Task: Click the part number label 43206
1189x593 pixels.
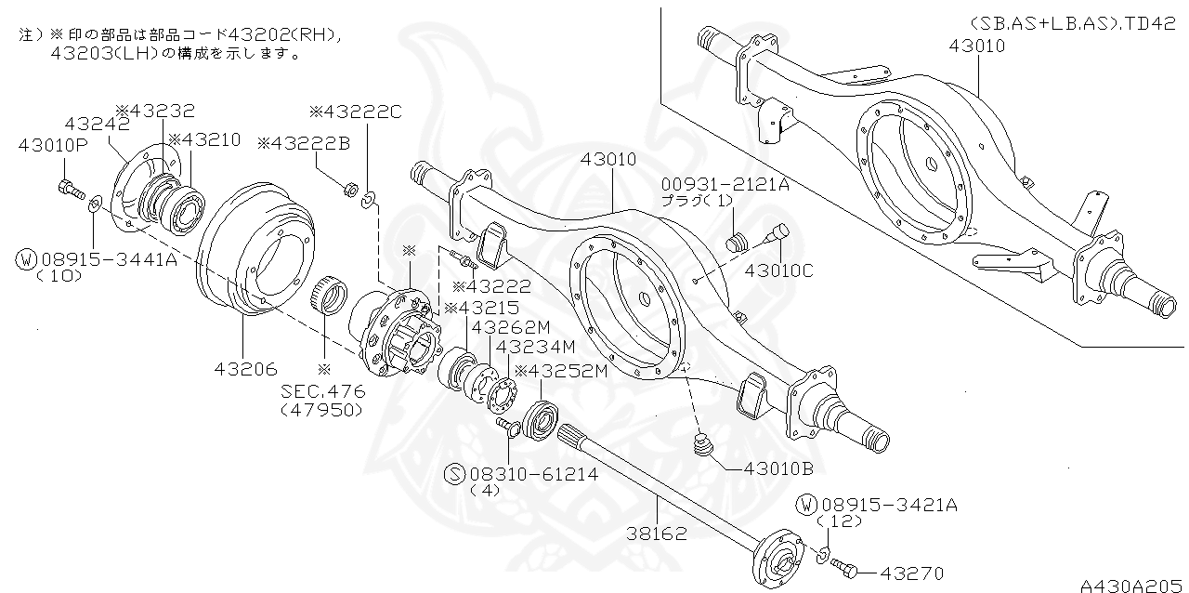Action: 245,370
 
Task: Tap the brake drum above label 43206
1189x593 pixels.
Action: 255,251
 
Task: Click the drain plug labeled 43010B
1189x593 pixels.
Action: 705,447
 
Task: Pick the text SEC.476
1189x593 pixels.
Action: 322,391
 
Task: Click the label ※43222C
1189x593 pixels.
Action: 355,112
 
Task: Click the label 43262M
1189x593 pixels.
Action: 511,327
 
